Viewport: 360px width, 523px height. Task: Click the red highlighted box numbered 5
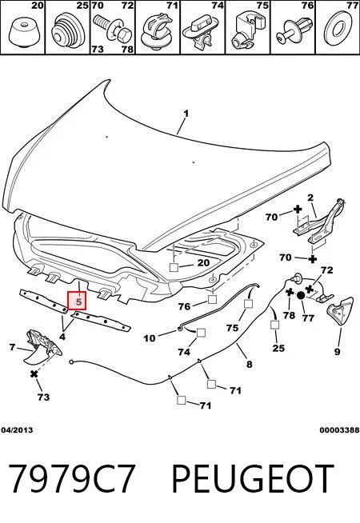coord(77,301)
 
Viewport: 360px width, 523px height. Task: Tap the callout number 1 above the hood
coord(186,114)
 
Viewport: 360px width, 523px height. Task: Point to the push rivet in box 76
coord(293,30)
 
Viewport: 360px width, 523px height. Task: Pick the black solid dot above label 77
coord(300,295)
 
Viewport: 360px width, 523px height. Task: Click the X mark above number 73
coord(34,374)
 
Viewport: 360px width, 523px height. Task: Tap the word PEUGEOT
coord(253,479)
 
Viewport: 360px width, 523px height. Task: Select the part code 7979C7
coord(71,479)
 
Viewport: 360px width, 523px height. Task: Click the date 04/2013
coord(17,430)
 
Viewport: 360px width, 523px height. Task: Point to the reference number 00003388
coord(339,430)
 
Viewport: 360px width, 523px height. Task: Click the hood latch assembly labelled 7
coord(42,347)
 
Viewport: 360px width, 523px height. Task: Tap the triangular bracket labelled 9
coord(339,311)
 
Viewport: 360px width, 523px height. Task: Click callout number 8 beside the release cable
coord(250,364)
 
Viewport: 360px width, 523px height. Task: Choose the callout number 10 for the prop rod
coord(149,338)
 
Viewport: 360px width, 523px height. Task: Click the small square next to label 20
coord(174,267)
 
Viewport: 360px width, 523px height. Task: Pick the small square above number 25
coord(274,325)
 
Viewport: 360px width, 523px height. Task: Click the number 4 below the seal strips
coord(62,337)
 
